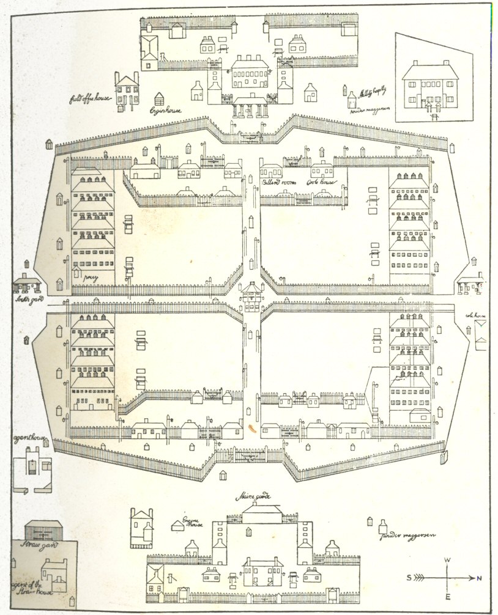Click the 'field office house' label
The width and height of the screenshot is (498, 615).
point(91,97)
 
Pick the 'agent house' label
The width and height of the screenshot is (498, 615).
point(27,439)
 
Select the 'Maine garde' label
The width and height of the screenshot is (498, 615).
point(254,497)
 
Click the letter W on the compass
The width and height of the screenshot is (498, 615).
point(447,561)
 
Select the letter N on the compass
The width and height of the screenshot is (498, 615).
point(479,578)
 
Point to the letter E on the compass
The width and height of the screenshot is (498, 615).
point(447,597)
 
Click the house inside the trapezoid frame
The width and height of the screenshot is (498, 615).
point(430,86)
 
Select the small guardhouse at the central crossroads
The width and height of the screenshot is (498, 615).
point(251,296)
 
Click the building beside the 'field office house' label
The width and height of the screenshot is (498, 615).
point(127,90)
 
